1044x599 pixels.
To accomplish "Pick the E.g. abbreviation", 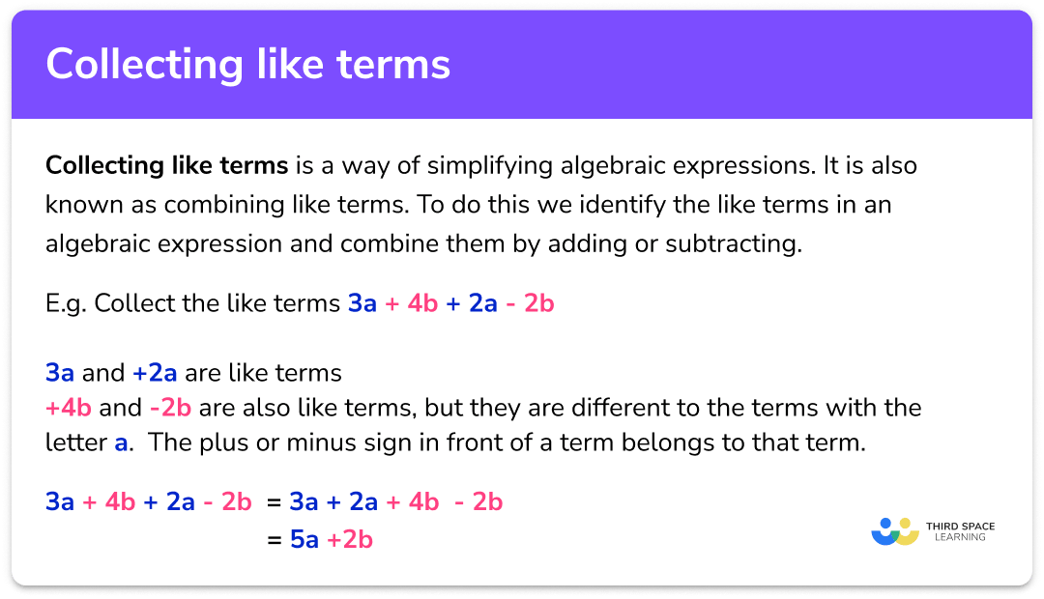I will click(66, 304).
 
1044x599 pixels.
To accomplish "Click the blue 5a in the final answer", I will click(304, 539).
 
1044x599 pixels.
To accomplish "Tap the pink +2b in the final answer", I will click(349, 539).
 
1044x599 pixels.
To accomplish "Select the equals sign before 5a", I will click(273, 539).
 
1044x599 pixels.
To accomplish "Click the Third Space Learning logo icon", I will click(894, 532).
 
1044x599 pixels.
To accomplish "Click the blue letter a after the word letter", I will click(121, 443).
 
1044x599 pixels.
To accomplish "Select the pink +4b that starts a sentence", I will click(68, 408).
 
